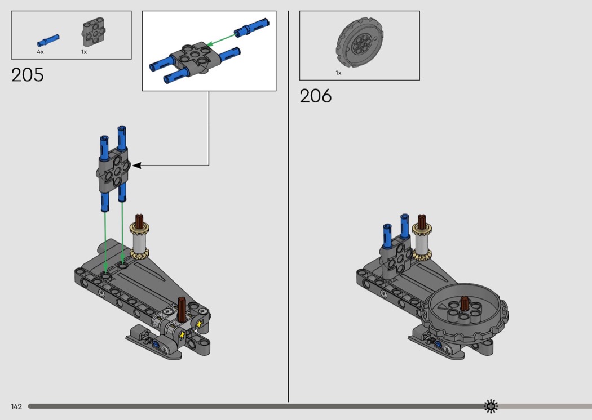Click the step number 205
27,75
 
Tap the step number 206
316,96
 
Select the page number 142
16,406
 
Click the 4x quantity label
41,52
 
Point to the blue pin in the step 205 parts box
48,40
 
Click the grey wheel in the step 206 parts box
360,43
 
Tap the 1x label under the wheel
338,73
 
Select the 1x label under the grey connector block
84,52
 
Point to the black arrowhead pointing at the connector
136,165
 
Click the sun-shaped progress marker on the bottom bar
491,406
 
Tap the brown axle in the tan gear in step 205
140,221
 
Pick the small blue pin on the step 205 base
155,344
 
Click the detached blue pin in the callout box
251,27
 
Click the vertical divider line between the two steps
289,206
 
